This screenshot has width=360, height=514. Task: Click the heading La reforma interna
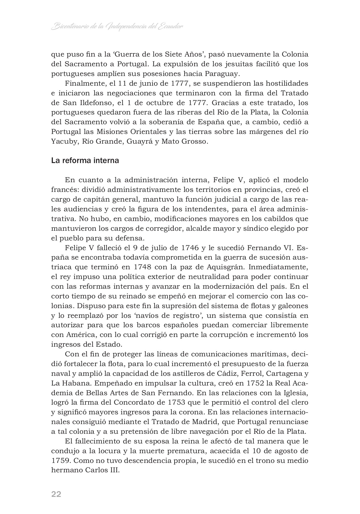85,160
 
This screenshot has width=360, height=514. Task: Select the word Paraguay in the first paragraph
222,74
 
